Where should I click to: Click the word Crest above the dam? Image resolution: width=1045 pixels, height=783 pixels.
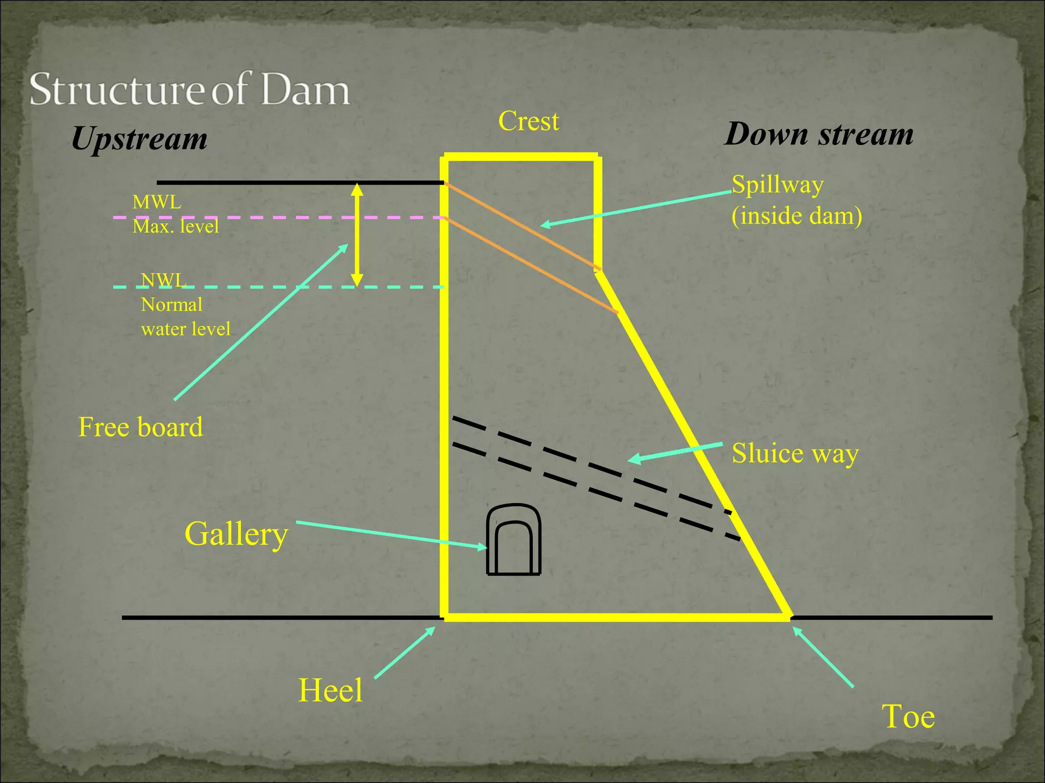(529, 121)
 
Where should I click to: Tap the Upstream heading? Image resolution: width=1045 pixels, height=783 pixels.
(139, 139)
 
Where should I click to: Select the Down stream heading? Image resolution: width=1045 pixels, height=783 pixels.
(819, 134)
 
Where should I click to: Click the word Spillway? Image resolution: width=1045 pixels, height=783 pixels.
(778, 185)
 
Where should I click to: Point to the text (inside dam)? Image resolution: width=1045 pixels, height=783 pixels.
(797, 216)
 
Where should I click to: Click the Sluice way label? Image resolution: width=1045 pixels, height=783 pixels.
(795, 453)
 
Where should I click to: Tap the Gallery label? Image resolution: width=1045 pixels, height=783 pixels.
(236, 534)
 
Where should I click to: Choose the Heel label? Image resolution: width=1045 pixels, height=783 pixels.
(330, 690)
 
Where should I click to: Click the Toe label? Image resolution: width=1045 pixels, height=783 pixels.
(908, 716)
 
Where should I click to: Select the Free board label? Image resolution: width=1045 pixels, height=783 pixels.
(140, 427)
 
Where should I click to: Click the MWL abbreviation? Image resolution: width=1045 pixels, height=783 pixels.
(157, 202)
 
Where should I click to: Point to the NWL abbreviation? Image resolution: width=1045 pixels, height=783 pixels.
(164, 280)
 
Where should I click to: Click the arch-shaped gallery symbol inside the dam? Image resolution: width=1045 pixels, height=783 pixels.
(514, 540)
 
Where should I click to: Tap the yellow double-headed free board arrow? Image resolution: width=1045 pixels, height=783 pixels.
(357, 234)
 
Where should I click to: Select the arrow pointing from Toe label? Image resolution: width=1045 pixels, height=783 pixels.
(823, 658)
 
